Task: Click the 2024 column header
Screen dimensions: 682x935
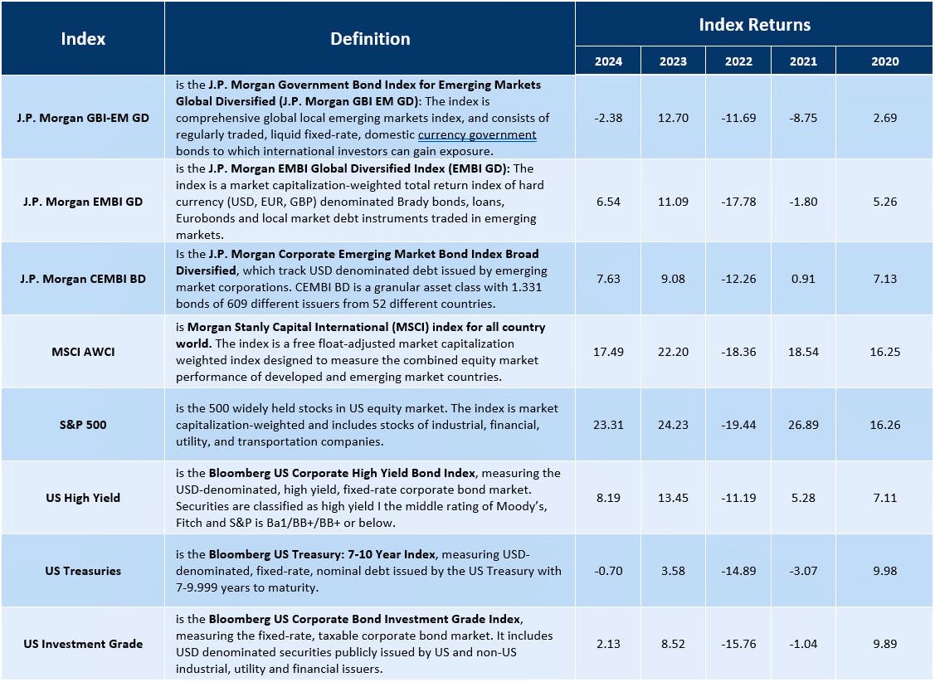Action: tap(608, 61)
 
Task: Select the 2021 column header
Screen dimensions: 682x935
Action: tap(803, 61)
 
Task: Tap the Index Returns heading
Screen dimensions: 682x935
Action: tap(754, 25)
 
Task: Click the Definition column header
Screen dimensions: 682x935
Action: tap(370, 39)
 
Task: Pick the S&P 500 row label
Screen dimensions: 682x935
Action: tap(83, 425)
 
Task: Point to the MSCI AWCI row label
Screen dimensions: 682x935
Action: tap(83, 352)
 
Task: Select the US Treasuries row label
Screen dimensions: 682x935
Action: tap(83, 571)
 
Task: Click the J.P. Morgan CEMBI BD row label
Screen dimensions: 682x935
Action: tap(83, 279)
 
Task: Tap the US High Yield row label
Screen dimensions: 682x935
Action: tap(83, 498)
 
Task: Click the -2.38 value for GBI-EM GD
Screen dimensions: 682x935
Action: tap(608, 118)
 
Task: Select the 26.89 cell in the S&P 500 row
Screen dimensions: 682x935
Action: tap(803, 425)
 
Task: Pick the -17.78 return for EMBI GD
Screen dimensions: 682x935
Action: tap(738, 202)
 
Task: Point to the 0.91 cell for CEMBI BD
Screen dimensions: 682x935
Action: tap(803, 279)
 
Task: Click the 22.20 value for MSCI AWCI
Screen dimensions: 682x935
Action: tap(673, 352)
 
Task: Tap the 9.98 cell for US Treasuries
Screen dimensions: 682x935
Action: tap(884, 571)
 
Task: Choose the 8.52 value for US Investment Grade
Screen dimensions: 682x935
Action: tap(673, 644)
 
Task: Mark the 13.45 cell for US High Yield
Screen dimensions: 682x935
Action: tap(673, 498)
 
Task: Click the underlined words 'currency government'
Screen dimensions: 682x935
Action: tap(477, 135)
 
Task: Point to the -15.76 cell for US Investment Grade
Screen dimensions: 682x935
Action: tap(738, 644)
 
